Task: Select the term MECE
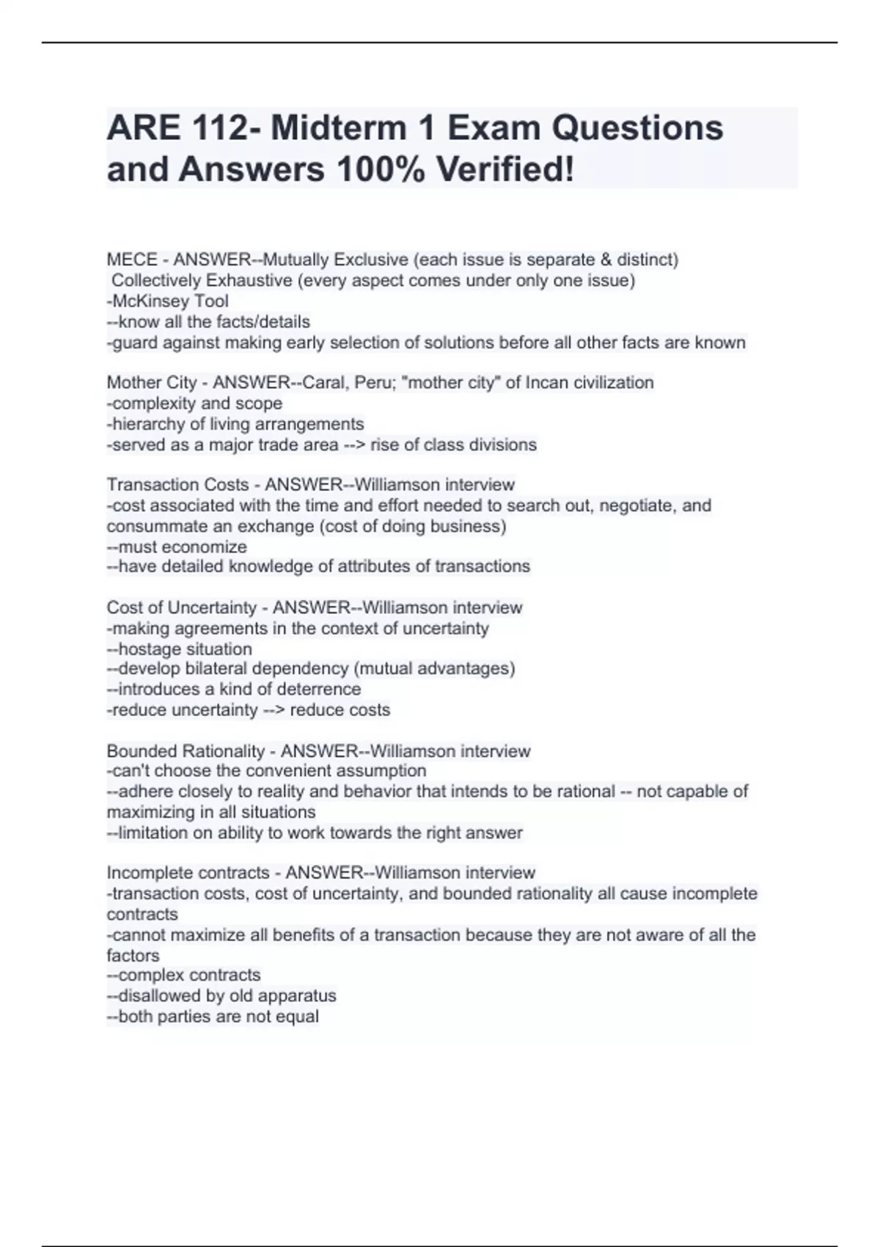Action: tap(132, 260)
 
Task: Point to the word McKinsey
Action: tap(153, 301)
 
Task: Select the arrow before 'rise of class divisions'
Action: tap(354, 445)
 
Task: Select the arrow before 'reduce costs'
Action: tap(274, 709)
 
